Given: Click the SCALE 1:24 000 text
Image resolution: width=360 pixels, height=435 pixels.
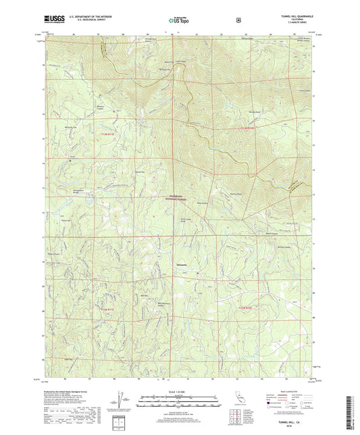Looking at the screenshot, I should tap(179, 392).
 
